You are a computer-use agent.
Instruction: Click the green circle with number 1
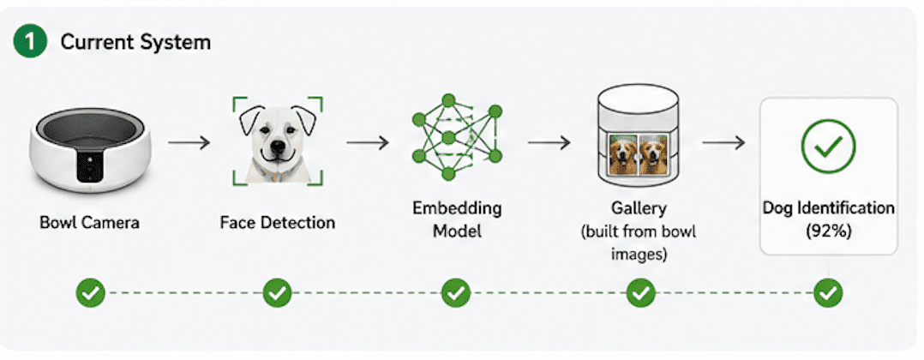(x=29, y=42)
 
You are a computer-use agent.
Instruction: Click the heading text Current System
(x=135, y=42)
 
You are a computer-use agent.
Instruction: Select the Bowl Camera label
(x=89, y=222)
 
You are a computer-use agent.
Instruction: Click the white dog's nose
(x=276, y=144)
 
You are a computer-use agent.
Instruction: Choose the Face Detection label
(x=278, y=222)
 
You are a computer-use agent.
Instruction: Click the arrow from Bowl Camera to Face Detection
(x=189, y=142)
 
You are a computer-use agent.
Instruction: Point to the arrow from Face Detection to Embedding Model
(x=367, y=142)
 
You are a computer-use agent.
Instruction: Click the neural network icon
(x=457, y=137)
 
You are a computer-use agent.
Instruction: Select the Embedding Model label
(x=457, y=219)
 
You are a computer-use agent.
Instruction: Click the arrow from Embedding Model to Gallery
(x=549, y=142)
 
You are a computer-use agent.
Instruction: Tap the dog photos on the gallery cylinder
(x=639, y=154)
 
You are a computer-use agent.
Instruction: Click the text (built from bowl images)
(x=639, y=243)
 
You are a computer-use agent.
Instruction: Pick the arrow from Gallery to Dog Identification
(x=723, y=142)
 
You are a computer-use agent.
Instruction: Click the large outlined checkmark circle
(x=829, y=146)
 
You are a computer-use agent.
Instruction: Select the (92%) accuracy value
(x=829, y=231)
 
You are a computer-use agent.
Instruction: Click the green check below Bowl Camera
(x=90, y=292)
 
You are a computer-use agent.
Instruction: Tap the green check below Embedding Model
(x=455, y=292)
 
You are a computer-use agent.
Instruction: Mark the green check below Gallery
(x=641, y=292)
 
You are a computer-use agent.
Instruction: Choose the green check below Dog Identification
(x=828, y=292)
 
